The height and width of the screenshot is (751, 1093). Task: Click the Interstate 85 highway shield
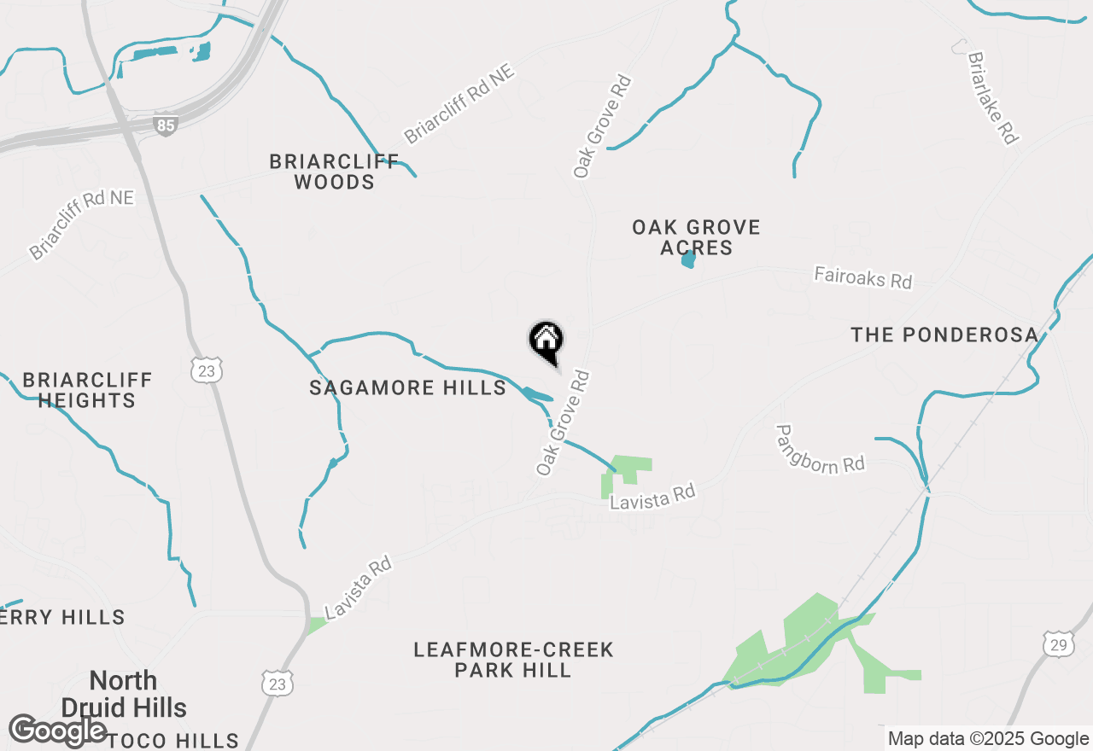167,126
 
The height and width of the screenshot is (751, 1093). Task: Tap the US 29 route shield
1059,644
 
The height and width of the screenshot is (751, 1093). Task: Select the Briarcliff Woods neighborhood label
334,172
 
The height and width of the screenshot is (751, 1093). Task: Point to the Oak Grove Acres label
696,237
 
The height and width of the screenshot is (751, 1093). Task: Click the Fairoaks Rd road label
862,277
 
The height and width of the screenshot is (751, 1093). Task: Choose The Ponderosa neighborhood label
944,335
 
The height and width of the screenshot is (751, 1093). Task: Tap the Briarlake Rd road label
993,97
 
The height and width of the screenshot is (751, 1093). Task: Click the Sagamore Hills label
407,388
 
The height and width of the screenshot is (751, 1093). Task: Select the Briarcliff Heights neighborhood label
87,390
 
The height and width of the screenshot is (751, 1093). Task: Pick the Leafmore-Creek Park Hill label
513,660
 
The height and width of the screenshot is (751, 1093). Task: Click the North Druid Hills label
124,694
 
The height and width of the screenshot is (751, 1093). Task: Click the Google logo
58,731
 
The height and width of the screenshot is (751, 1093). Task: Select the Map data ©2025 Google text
988,739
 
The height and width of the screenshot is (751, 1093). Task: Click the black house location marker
546,341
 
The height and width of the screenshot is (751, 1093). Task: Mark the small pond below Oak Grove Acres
688,259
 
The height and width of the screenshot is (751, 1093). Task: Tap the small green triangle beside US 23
317,625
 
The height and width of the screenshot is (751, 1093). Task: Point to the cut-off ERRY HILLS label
62,617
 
